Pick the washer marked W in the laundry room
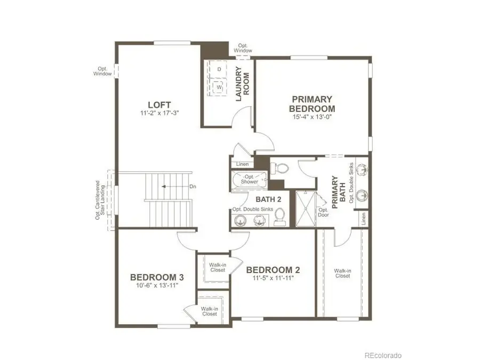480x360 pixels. coord(219,86)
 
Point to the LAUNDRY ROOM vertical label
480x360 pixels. coord(243,84)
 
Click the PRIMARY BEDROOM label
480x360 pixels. coord(312,103)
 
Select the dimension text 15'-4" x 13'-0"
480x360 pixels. coord(312,117)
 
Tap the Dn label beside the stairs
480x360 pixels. coord(193,187)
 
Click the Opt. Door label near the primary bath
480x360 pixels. coord(323,213)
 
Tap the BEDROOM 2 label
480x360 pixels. coord(269,270)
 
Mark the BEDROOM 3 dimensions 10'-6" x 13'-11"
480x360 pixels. coord(157,286)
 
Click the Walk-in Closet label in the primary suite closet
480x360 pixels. coord(342,274)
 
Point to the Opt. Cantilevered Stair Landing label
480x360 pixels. coord(99,200)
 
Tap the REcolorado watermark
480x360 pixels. coord(383,355)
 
